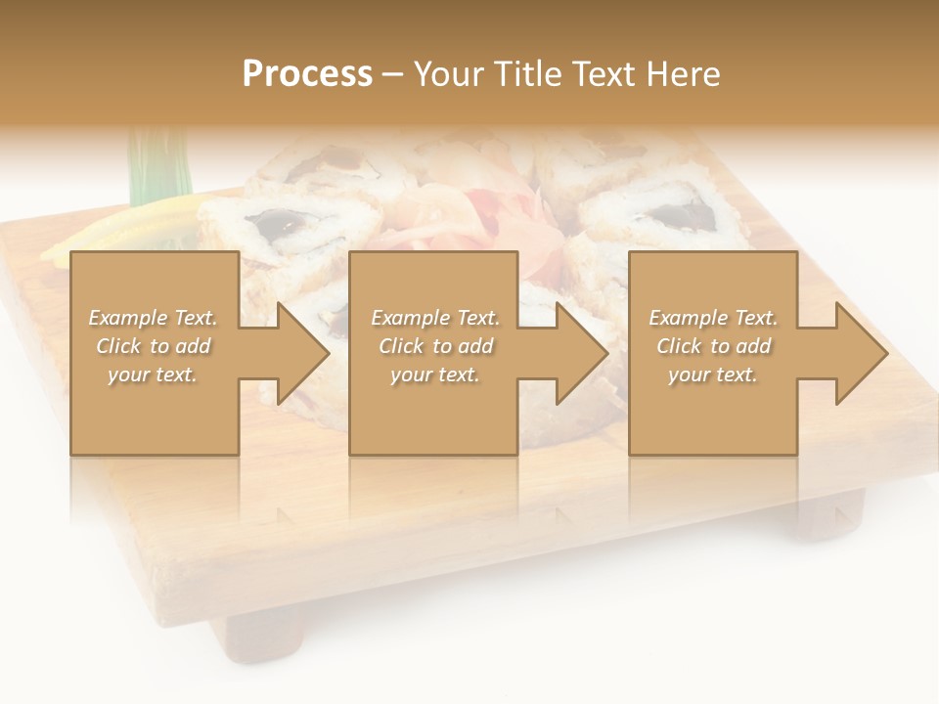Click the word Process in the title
point(307,74)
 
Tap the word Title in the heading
point(528,74)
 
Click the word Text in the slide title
point(604,74)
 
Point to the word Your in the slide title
point(451,74)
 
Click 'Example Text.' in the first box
point(153,318)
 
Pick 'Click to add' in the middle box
point(435,346)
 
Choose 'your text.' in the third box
point(713,374)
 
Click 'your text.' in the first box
point(153,374)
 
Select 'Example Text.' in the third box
point(713,318)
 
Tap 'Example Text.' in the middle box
point(435,318)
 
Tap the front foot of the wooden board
point(264,636)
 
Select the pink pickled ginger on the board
point(499,220)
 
